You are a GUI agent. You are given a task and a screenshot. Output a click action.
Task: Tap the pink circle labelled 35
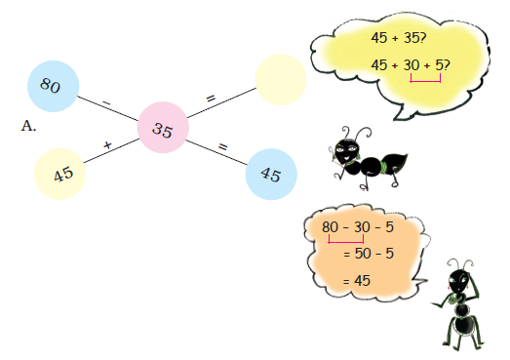(163, 131)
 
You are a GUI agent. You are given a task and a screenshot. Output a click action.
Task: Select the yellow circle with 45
(62, 175)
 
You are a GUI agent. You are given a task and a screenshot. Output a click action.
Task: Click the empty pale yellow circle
(281, 80)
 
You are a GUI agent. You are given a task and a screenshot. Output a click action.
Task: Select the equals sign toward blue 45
(222, 146)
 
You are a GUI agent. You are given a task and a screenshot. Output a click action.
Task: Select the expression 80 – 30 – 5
(357, 227)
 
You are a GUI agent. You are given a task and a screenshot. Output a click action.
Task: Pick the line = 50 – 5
(368, 254)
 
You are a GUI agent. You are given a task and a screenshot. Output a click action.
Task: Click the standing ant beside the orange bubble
(461, 301)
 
